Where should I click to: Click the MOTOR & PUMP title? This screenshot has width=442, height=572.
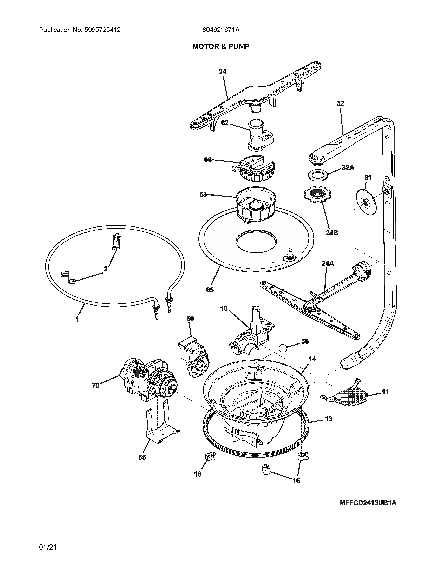pos(221,46)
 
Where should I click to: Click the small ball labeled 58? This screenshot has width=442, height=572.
pos(283,348)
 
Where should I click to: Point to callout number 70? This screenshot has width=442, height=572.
pos(96,386)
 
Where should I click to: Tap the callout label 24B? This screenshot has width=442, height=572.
pos(331,233)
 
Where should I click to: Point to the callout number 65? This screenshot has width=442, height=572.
pos(210,289)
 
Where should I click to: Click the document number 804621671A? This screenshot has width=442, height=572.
pos(221,30)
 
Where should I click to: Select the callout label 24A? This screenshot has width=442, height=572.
pos(328,263)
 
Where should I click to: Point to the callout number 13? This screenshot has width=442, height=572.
pos(328,419)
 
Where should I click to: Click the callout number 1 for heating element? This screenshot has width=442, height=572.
pos(77,320)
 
